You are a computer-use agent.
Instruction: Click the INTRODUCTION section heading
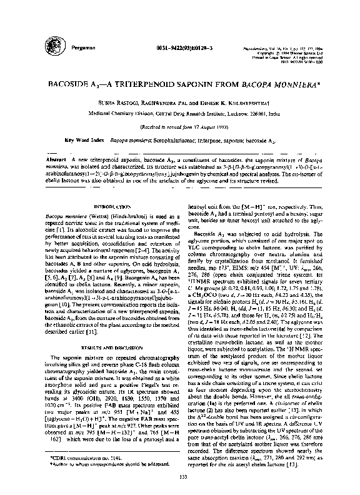pyautogui.click(x=111, y=206)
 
